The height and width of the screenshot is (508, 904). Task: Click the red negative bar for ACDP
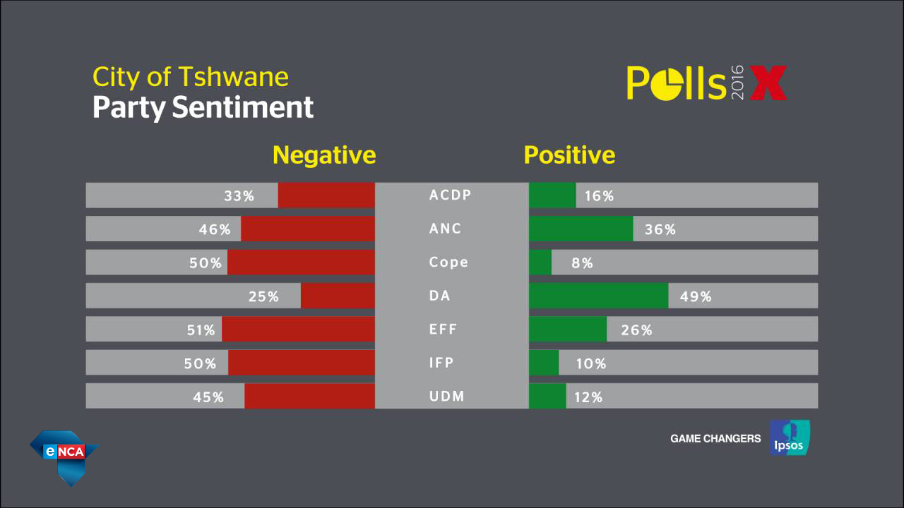click(x=326, y=195)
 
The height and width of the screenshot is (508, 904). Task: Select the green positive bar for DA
click(x=598, y=296)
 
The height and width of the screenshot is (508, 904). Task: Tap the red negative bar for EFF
click(x=298, y=329)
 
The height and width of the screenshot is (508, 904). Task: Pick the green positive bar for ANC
click(x=581, y=229)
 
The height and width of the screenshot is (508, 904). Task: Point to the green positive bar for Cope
click(x=540, y=262)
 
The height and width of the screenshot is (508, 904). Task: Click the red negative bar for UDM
click(x=309, y=397)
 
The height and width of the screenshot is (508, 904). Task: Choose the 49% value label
click(x=696, y=297)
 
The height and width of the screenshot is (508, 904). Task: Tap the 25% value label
click(x=263, y=297)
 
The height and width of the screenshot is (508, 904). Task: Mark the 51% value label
click(x=200, y=330)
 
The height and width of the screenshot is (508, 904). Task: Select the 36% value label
click(x=660, y=229)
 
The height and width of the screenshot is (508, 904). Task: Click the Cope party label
click(x=448, y=262)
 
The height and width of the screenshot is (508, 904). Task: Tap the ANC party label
click(x=446, y=229)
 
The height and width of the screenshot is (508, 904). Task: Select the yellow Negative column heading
click(x=324, y=155)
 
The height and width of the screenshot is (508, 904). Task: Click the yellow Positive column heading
click(x=569, y=155)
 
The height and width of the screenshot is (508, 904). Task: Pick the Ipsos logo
click(x=790, y=437)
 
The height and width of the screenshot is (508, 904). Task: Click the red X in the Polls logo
click(x=768, y=83)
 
